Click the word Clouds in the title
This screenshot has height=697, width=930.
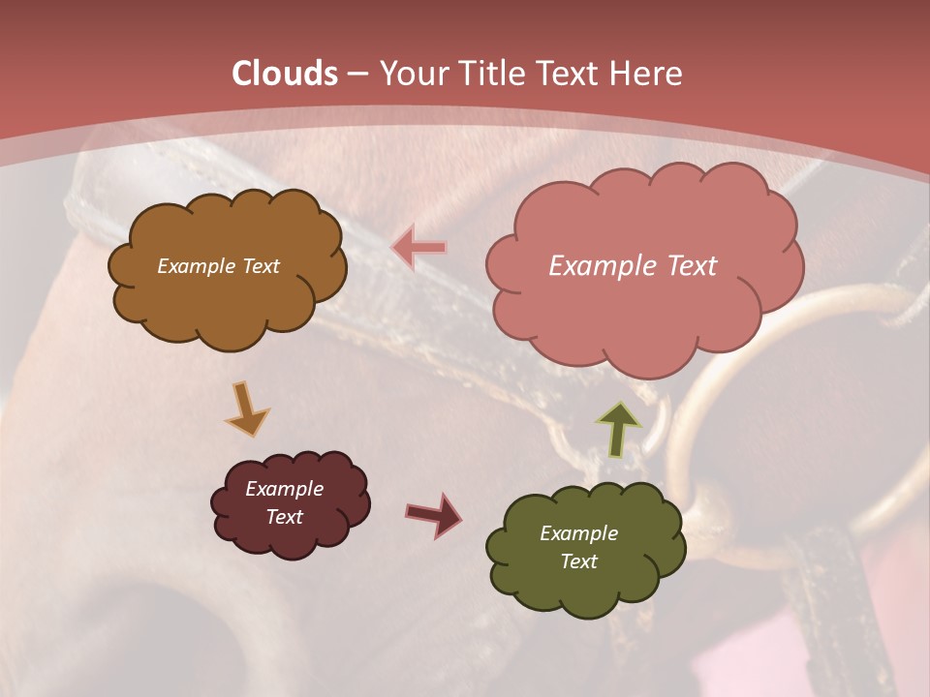285,74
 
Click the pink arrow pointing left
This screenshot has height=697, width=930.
418,247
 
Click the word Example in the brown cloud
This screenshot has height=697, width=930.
197,266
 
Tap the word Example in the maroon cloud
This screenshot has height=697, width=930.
284,489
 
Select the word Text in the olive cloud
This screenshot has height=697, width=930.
578,561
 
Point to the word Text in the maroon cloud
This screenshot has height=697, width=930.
284,517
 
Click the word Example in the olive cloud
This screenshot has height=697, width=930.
578,533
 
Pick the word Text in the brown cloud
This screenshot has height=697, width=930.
260,266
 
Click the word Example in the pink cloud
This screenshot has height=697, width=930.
601,266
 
